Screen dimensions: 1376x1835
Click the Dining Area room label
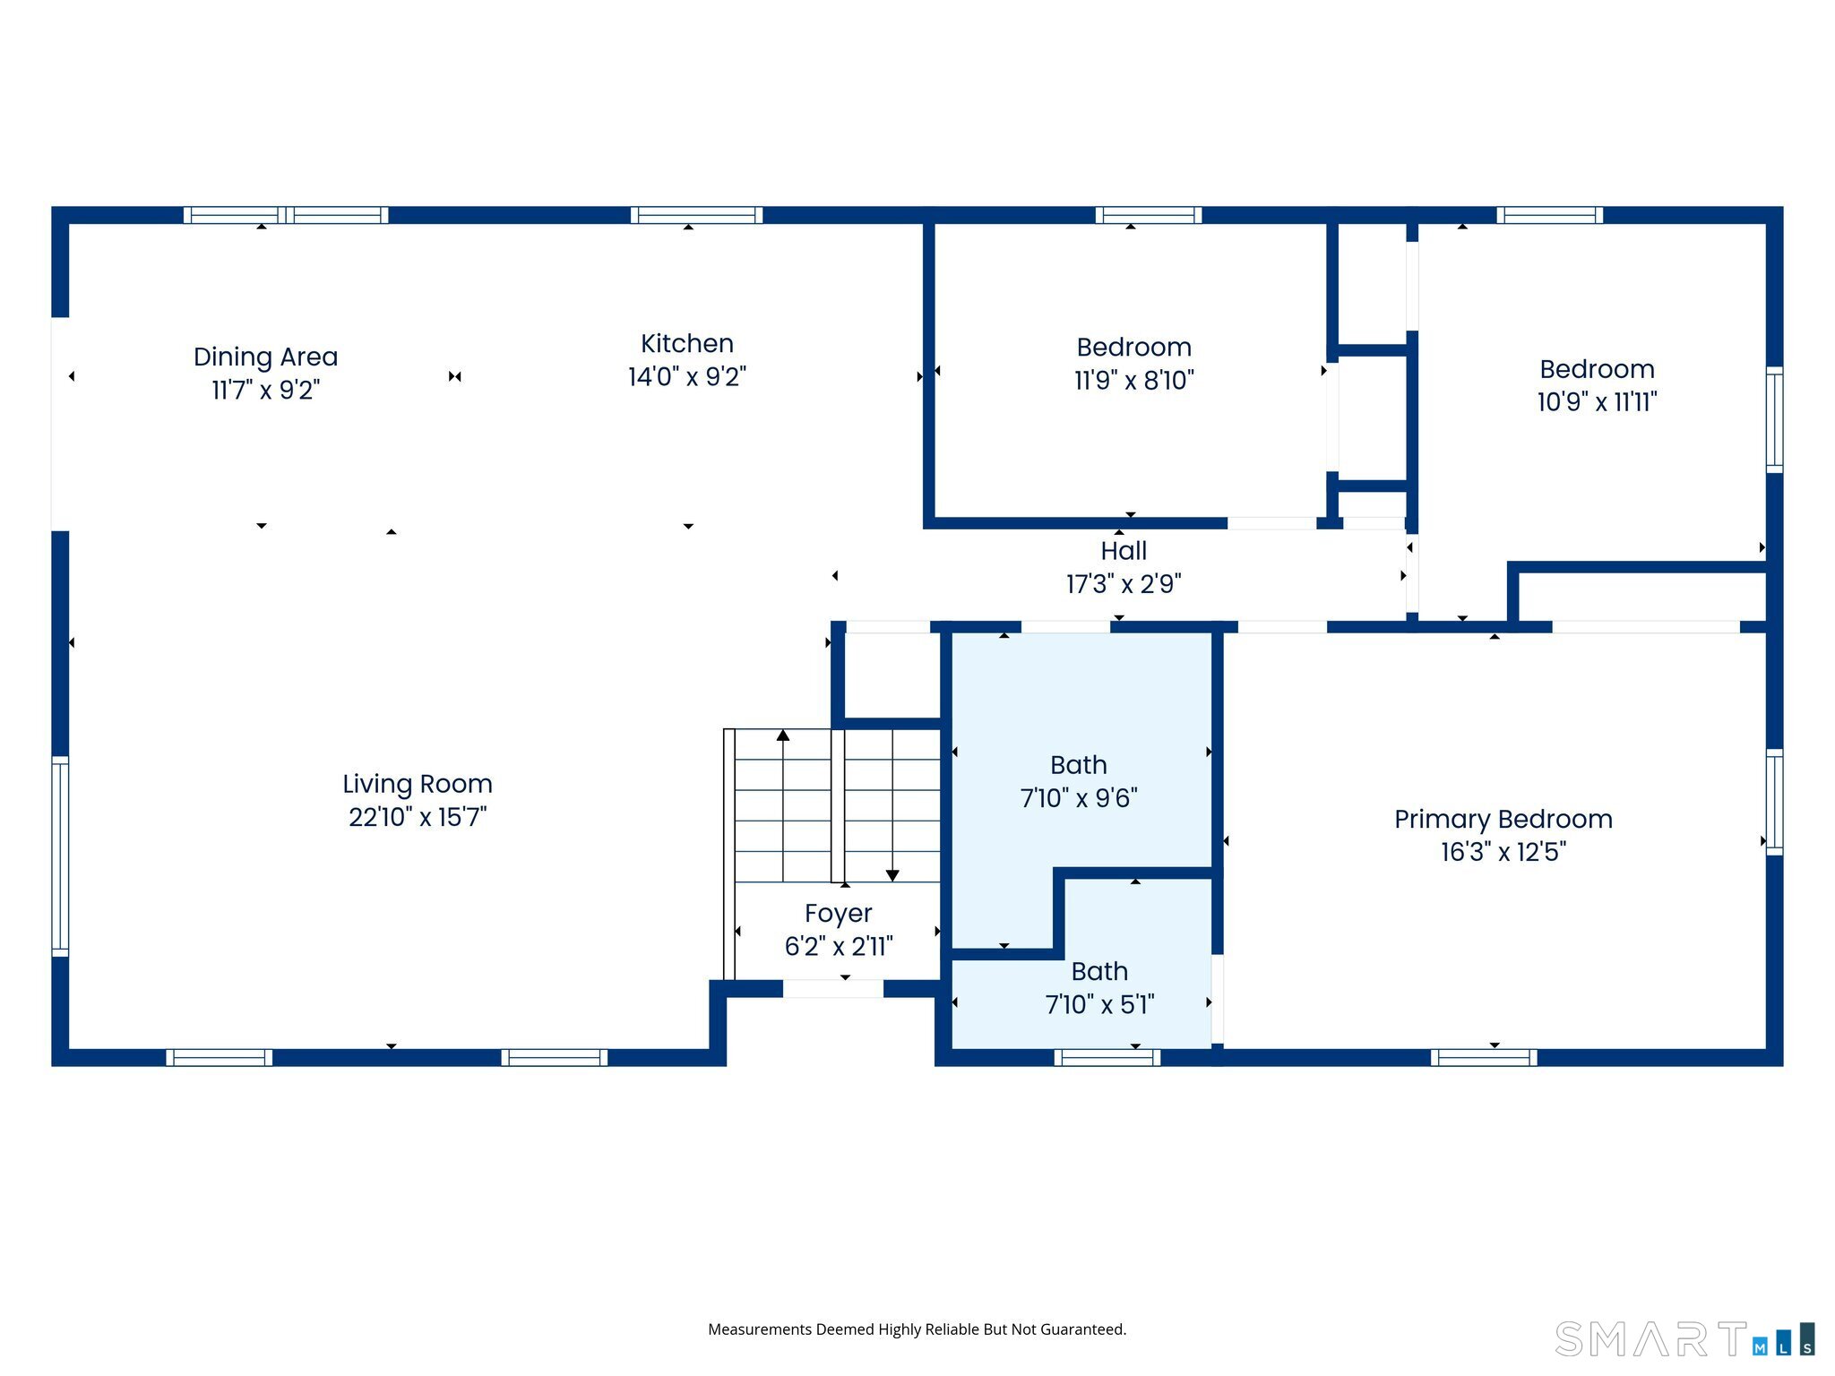pos(265,357)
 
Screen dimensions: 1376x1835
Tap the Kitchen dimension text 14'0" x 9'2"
pos(686,377)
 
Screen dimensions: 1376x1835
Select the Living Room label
pos(418,784)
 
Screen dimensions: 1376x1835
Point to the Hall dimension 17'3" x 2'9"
pos(1124,584)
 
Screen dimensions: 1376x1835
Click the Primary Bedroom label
pos(1503,819)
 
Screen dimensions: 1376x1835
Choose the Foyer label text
pos(838,913)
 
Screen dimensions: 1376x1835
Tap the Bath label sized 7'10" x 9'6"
pos(1079,765)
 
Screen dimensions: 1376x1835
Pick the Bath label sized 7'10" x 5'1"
pos(1099,971)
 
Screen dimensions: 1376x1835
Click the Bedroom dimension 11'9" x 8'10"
pos(1133,381)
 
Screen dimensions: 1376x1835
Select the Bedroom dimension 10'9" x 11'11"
pos(1597,402)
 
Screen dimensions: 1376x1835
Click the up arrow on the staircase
pos(783,735)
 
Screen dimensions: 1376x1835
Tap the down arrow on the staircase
pos(892,875)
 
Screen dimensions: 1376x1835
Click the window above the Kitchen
pos(696,215)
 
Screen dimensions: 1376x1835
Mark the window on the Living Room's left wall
pos(60,856)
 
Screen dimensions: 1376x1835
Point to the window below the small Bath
pos(1107,1058)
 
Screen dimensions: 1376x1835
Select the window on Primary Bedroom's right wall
pos(1774,802)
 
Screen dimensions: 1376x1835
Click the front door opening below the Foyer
pos(833,989)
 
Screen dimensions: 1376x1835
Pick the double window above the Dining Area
pos(286,215)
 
